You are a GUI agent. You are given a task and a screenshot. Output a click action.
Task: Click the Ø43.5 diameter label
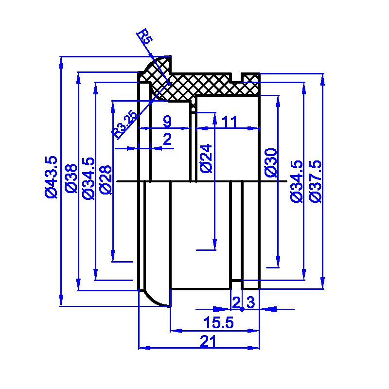(x=52, y=177)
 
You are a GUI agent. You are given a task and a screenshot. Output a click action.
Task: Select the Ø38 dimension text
(x=71, y=178)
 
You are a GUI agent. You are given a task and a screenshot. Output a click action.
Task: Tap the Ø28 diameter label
(x=106, y=179)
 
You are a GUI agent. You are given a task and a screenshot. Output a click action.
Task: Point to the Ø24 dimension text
(x=206, y=159)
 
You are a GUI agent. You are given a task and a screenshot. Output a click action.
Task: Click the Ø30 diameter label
(x=271, y=163)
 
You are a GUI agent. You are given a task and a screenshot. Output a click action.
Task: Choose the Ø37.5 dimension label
(x=315, y=181)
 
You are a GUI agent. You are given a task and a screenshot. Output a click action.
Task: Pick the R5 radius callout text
(x=145, y=36)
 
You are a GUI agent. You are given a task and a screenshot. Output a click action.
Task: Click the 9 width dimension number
(x=167, y=121)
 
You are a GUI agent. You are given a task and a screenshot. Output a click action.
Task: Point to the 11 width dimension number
(x=229, y=122)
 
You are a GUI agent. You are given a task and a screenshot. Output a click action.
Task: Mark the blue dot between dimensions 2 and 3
(x=242, y=309)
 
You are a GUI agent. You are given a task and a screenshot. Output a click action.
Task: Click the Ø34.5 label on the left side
(x=89, y=178)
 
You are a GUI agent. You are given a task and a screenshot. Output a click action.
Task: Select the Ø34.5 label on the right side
(x=297, y=181)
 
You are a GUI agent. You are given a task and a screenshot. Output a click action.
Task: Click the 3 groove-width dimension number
(x=251, y=302)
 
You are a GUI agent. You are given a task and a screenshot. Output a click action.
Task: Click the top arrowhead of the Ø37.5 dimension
(x=322, y=79)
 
